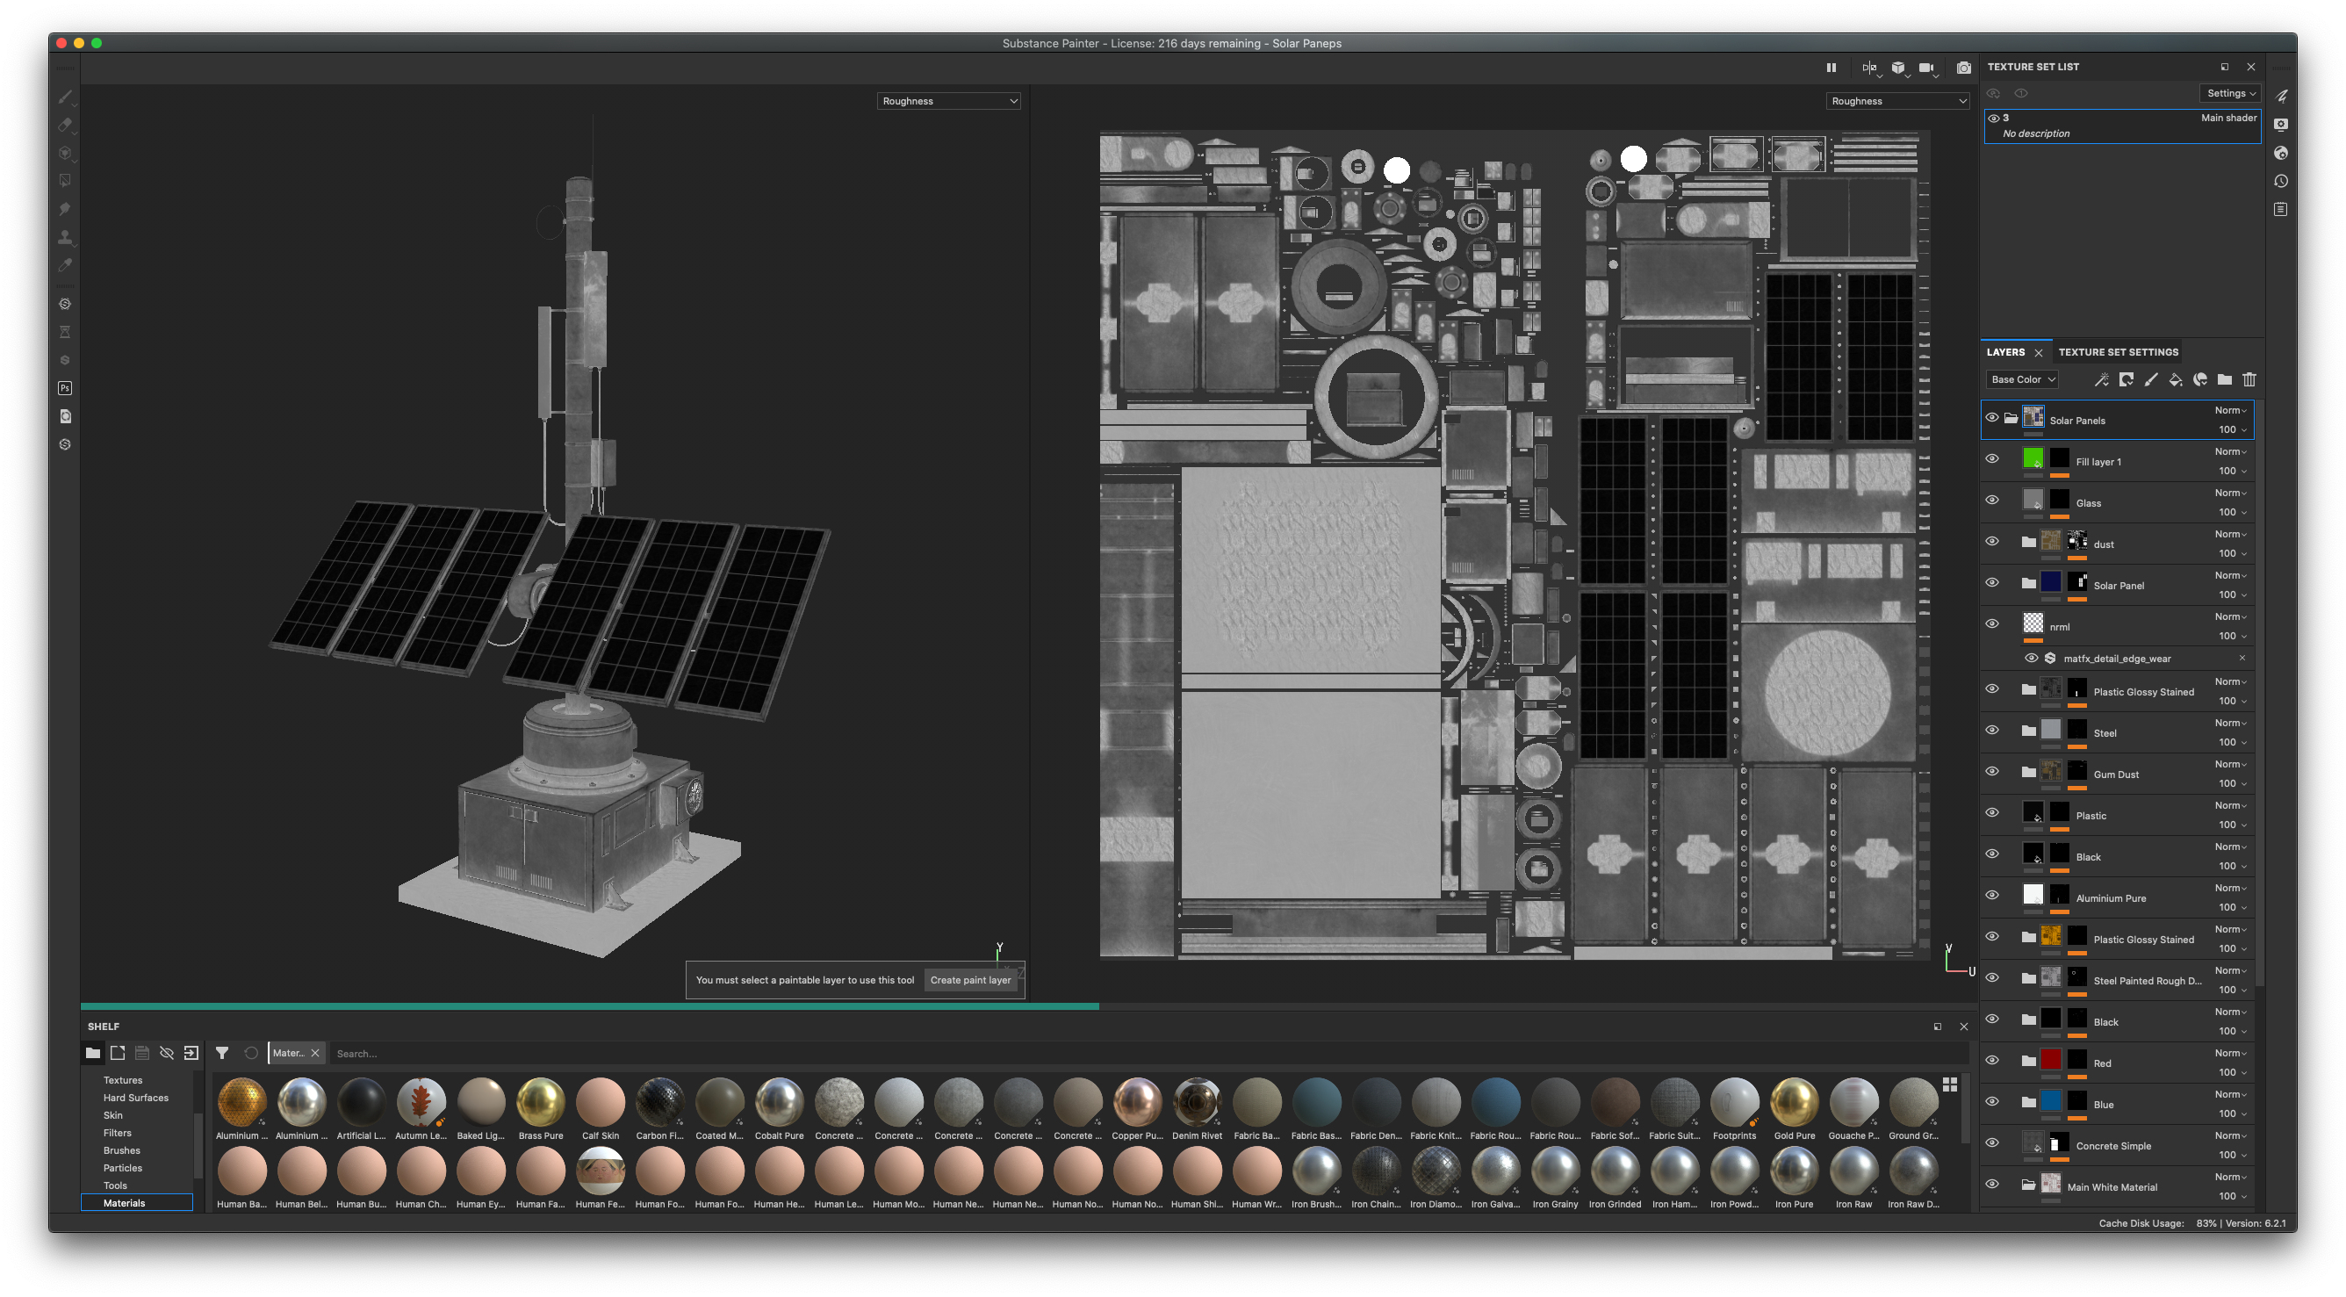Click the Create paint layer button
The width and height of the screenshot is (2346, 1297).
970,980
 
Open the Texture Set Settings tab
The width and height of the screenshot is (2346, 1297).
2118,352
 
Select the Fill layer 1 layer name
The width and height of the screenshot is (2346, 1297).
2098,462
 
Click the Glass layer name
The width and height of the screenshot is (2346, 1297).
2087,503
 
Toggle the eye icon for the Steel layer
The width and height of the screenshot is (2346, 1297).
1992,731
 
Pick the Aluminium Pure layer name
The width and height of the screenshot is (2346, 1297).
2110,898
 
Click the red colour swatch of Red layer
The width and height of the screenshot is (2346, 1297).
2050,1059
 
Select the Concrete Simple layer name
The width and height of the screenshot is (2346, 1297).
2112,1146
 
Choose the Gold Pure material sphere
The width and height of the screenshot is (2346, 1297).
1794,1102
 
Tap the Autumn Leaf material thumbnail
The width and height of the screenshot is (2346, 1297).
420,1102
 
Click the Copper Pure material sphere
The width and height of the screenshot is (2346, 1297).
1137,1102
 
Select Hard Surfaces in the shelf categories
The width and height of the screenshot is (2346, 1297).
136,1098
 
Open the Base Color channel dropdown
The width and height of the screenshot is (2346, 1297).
2023,380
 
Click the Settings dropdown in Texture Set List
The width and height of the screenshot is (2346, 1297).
2230,93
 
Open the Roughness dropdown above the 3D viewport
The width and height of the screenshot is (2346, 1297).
948,101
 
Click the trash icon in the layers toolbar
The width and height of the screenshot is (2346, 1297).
2249,380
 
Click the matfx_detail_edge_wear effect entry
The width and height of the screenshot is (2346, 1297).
2117,659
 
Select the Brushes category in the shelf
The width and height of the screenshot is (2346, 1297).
122,1150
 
